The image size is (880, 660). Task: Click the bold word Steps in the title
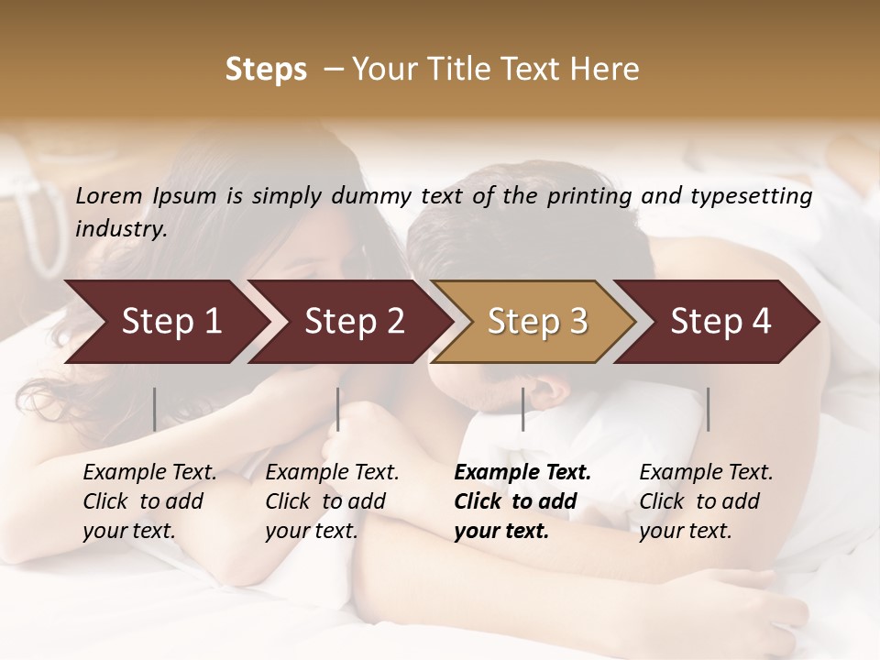click(266, 70)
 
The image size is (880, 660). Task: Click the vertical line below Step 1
click(154, 409)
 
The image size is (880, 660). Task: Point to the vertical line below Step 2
click(338, 409)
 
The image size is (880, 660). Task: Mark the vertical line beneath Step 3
click(522, 409)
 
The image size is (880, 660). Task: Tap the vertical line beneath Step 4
click(708, 409)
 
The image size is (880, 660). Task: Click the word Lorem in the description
click(109, 196)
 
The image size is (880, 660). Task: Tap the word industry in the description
click(121, 229)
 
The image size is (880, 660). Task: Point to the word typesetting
click(753, 196)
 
